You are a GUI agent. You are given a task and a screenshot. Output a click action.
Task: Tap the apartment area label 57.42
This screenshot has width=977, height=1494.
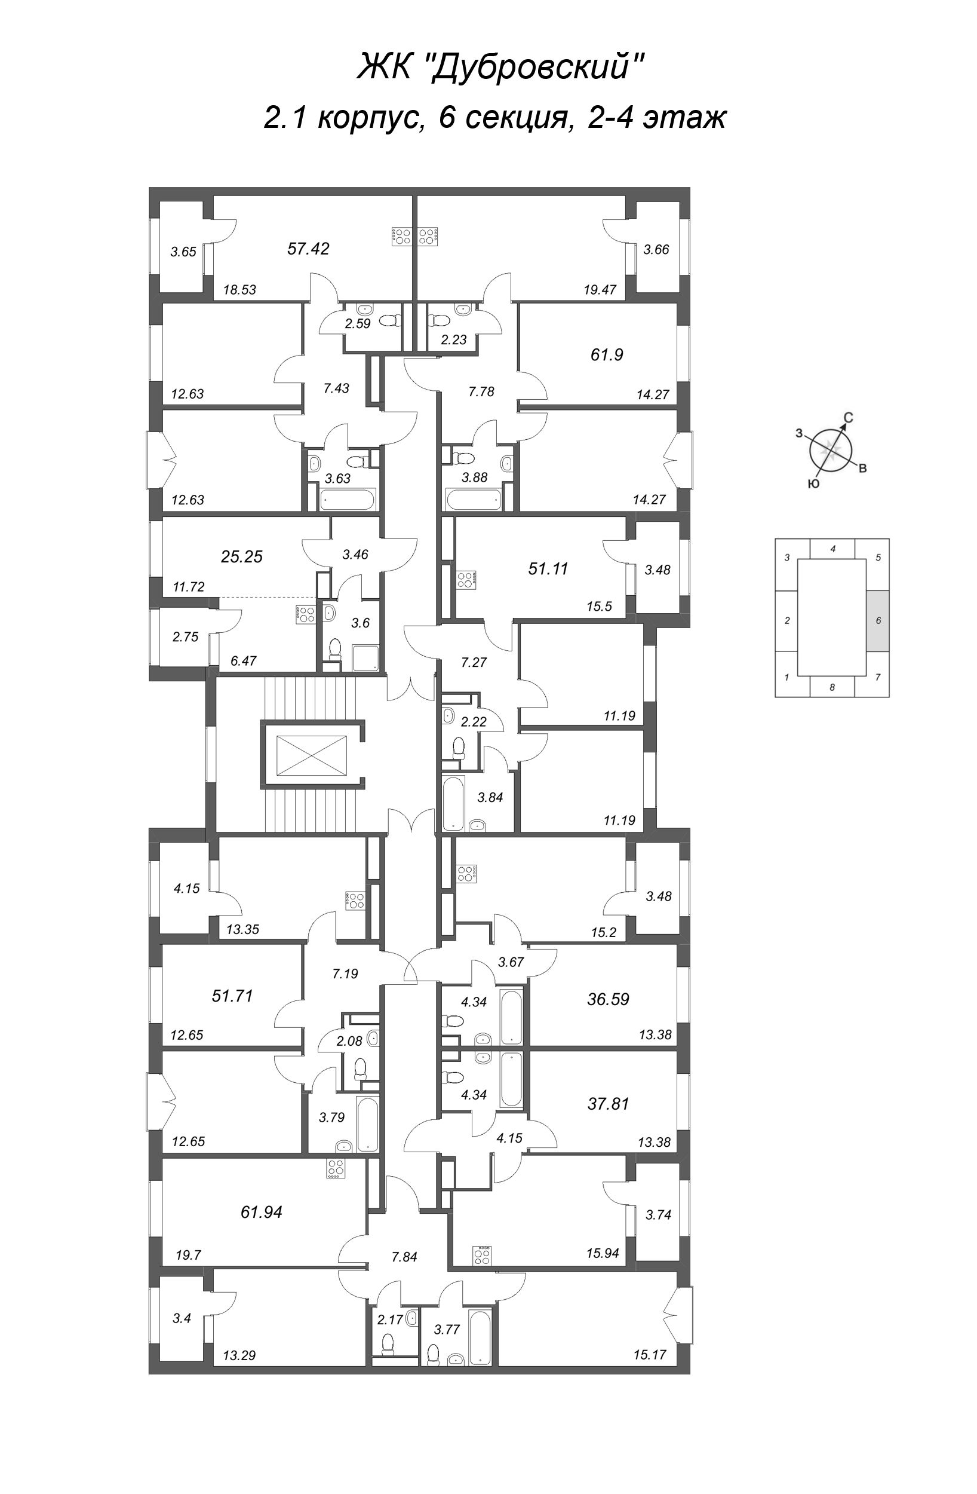coord(308,249)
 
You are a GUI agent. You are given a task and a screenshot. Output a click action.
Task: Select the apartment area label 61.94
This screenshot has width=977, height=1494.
coord(261,1211)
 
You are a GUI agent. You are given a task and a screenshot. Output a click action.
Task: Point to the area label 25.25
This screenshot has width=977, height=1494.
coord(242,556)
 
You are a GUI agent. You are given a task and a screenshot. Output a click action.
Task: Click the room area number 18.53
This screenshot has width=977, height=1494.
coord(239,290)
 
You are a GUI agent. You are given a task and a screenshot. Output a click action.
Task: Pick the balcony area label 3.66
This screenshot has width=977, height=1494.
coord(656,249)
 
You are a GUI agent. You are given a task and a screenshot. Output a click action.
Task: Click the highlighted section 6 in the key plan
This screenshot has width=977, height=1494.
coord(878,621)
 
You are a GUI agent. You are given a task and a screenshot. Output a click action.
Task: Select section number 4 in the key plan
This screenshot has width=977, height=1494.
coord(832,549)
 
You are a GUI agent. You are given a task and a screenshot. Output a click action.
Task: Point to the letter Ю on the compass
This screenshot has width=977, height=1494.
coord(813,483)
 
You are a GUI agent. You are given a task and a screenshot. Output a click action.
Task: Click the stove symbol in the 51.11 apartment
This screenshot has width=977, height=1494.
coord(466,580)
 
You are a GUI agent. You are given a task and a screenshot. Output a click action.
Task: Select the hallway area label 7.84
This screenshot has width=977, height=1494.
coord(404,1257)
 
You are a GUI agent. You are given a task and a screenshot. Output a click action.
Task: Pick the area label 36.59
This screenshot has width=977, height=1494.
coord(608,999)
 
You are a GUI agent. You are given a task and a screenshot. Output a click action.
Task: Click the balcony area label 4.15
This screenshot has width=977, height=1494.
coord(187,888)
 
